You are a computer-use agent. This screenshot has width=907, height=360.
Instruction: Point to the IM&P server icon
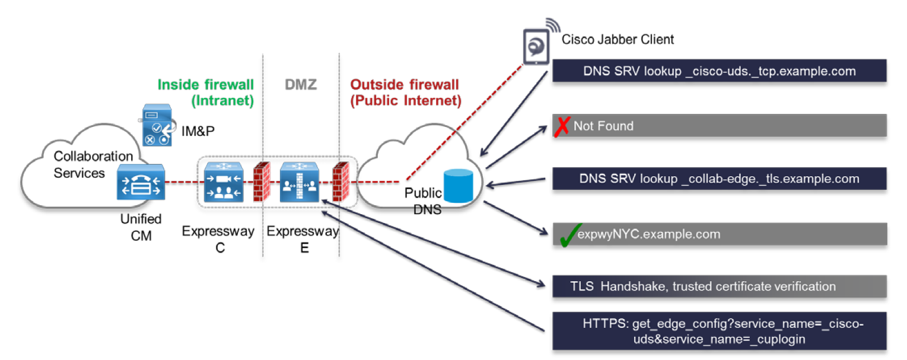[157, 125]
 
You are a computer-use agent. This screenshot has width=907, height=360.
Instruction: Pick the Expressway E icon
[300, 181]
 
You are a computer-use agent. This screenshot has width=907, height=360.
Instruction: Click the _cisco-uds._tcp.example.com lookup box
[720, 71]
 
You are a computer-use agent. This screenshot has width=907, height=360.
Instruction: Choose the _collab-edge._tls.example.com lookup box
[720, 179]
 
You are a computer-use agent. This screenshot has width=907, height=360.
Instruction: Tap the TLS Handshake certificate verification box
[720, 286]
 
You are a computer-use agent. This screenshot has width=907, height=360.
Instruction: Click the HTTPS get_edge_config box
[720, 331]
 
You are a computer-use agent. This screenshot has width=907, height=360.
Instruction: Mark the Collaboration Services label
[93, 164]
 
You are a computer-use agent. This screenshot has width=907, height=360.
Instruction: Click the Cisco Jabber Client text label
[618, 40]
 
